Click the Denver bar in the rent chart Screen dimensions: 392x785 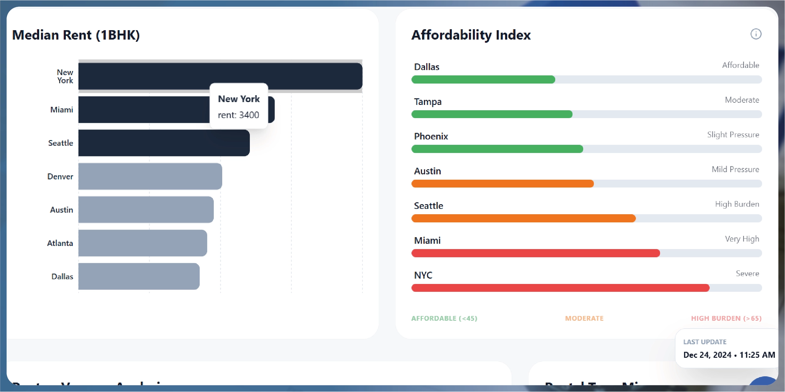point(150,176)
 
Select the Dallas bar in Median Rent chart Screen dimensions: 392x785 point(139,276)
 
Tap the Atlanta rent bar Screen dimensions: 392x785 point(142,243)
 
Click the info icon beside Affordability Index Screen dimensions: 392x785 point(756,34)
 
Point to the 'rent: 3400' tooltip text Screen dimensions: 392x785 point(239,115)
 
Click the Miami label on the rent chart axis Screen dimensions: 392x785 point(62,110)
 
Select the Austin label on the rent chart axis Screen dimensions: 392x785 point(62,210)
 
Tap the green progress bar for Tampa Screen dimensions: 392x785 point(492,114)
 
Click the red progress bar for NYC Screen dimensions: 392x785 point(560,288)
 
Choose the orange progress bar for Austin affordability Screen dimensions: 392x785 point(502,184)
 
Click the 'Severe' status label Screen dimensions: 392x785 point(747,274)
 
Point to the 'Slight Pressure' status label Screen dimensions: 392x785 point(733,135)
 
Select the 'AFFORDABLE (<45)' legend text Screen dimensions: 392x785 point(444,318)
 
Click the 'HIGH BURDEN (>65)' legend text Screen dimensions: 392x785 point(726,318)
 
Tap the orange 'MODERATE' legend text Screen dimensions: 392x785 point(584,318)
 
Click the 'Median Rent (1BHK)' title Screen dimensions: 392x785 point(76,35)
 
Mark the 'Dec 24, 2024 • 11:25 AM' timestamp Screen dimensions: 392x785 point(729,355)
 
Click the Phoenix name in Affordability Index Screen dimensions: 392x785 point(431,136)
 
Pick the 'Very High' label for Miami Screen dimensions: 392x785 point(742,239)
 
